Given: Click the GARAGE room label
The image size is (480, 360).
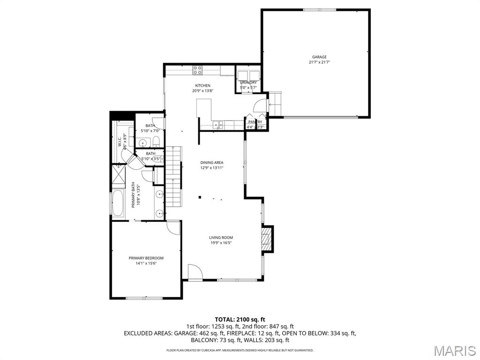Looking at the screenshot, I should tap(319, 57).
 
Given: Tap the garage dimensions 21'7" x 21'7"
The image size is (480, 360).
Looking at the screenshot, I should tap(319, 62).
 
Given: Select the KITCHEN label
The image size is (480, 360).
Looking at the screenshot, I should tap(202, 85).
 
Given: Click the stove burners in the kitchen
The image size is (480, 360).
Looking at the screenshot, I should tap(198, 71).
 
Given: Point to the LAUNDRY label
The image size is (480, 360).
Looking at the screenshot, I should tap(248, 82).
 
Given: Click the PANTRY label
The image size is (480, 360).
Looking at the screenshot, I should tap(255, 122).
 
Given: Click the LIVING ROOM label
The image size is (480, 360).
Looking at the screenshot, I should tap(221, 238).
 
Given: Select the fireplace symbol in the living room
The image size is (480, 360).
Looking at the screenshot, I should tap(267, 239).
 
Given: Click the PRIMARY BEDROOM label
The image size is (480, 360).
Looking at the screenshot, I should tap(146, 258).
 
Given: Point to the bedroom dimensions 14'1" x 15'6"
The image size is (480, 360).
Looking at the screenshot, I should tap(146, 263).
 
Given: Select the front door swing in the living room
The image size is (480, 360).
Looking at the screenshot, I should tap(194, 272).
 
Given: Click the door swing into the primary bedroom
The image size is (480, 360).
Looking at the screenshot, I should tap(173, 227).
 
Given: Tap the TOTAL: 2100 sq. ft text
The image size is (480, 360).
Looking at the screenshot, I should tap(240, 320).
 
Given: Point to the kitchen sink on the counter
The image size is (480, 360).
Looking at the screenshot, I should tap(217, 125).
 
